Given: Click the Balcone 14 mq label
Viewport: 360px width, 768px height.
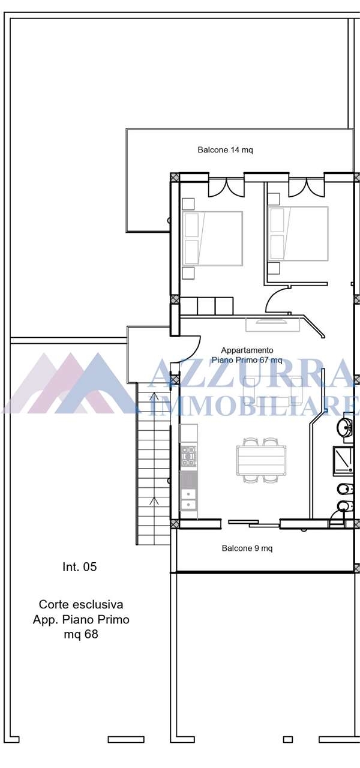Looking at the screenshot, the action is tap(225, 150).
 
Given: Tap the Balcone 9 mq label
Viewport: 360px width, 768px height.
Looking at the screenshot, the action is tap(247, 548).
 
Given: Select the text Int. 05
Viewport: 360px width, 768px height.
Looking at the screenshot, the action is tap(80, 567).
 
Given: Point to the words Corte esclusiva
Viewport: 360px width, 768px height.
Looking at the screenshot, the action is tap(81, 604).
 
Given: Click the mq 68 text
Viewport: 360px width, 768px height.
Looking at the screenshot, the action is tap(81, 634).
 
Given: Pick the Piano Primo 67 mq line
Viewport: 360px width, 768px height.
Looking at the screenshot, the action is tap(247, 360).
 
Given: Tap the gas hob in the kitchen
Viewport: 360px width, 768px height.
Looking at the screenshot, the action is tap(188, 457).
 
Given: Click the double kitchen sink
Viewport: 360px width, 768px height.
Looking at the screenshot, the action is tap(188, 499).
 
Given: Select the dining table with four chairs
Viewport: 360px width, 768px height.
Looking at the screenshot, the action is tap(261, 460).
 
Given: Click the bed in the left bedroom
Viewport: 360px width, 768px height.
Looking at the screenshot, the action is tap(213, 238).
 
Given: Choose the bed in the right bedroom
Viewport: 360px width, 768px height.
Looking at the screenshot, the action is tap(298, 234).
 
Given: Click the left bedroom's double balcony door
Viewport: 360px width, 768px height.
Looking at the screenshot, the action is tap(226, 188).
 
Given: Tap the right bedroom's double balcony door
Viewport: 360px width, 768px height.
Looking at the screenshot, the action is tap(307, 188).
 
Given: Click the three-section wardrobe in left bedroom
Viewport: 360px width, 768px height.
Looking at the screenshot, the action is tap(207, 306).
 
